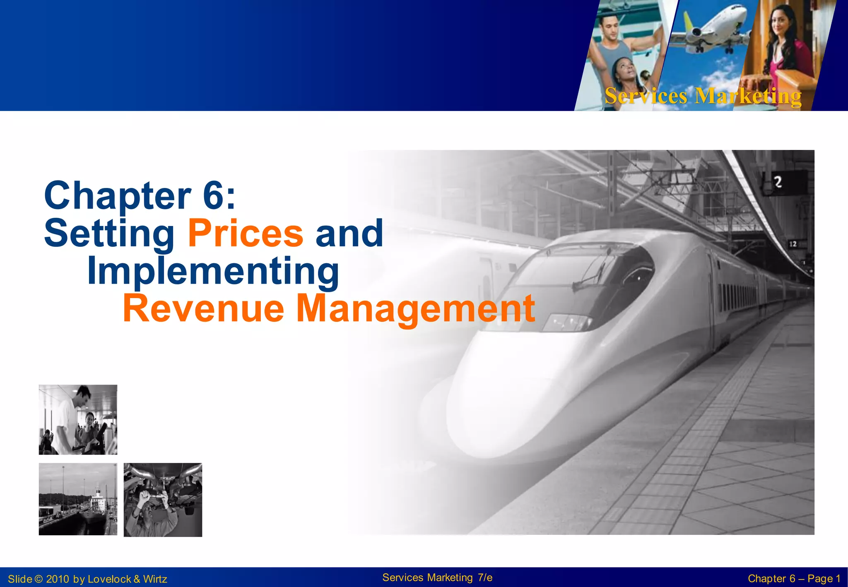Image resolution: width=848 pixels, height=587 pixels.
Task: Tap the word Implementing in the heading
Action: [x=213, y=271]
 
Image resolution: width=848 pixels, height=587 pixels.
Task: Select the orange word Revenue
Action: [x=203, y=308]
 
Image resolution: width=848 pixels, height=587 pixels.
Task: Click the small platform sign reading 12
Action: [x=793, y=244]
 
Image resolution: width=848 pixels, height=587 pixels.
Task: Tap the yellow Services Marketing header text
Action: [x=703, y=96]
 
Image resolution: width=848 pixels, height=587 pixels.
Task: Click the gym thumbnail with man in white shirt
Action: [x=78, y=419]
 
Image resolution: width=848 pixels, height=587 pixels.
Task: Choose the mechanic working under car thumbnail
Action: [x=163, y=500]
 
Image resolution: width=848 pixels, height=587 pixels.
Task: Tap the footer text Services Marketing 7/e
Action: [x=437, y=577]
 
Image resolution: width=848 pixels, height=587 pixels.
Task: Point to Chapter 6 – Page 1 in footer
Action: [x=794, y=579]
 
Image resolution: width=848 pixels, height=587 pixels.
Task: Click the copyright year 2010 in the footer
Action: [x=57, y=579]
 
